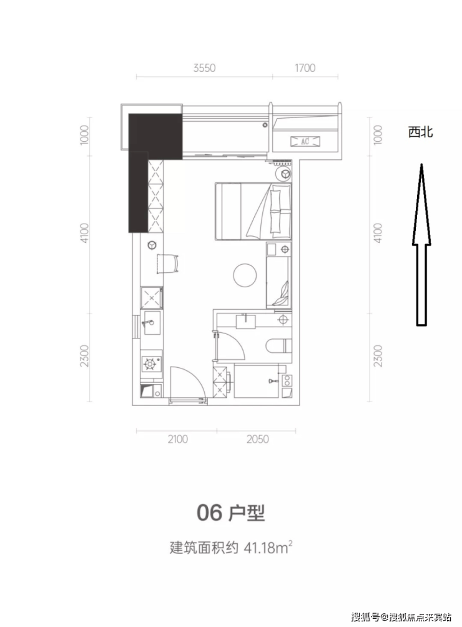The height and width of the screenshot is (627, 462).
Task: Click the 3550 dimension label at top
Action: (x=204, y=68)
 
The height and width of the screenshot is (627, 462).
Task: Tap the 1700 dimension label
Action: (x=305, y=68)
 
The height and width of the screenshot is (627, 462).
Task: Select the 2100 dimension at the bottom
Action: (x=178, y=439)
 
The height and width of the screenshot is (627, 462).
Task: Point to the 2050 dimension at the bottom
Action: (x=258, y=439)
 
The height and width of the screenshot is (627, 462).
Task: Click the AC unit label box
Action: (x=305, y=141)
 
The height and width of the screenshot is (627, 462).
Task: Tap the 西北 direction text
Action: (x=420, y=132)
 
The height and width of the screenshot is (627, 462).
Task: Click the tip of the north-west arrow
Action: (x=421, y=164)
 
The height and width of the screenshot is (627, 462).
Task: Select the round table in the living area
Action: (x=245, y=274)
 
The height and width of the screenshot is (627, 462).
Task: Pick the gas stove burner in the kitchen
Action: (x=150, y=364)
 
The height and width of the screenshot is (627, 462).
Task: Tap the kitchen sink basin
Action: (x=152, y=323)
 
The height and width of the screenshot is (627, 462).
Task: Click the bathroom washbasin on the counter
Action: (x=245, y=321)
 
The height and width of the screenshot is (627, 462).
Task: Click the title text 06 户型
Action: (x=230, y=512)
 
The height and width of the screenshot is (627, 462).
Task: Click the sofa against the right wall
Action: (x=278, y=282)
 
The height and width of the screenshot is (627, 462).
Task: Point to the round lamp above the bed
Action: (x=285, y=174)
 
